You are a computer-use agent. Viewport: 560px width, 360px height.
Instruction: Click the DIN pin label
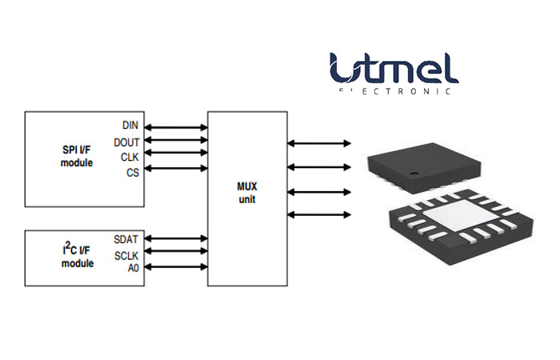click(130, 126)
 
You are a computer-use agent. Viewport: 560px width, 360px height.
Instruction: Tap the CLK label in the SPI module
click(130, 157)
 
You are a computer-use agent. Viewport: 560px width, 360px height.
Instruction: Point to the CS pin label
click(133, 172)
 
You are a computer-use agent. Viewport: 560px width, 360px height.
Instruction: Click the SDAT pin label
click(126, 239)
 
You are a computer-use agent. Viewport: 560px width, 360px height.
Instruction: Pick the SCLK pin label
click(126, 254)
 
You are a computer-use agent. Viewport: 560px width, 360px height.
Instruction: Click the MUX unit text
click(246, 192)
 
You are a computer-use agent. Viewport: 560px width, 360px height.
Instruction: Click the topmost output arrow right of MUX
click(319, 143)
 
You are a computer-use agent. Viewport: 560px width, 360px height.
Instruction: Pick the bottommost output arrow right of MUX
click(319, 214)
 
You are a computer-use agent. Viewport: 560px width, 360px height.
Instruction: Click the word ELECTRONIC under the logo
click(394, 91)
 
